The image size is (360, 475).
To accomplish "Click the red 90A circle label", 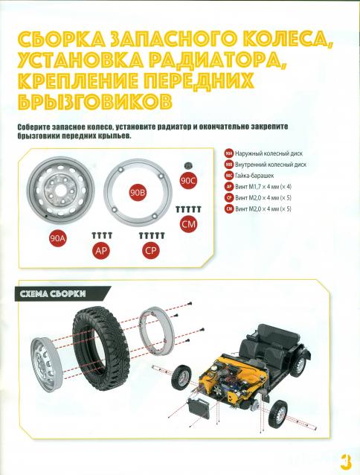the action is tap(58, 238).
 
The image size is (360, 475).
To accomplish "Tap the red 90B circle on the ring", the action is tap(138, 193).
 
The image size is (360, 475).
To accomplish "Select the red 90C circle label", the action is tap(188, 181).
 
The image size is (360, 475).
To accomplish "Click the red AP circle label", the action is tap(101, 250).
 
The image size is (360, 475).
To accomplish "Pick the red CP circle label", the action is tap(151, 250).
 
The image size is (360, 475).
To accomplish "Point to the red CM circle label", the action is tap(188, 224).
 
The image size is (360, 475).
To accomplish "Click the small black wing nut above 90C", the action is tap(188, 165).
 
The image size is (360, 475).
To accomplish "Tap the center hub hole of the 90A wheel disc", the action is tap(60, 190).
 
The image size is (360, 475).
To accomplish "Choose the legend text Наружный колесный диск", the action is tap(269, 153).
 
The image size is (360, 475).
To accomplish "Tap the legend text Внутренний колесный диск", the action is tap(271, 165).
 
